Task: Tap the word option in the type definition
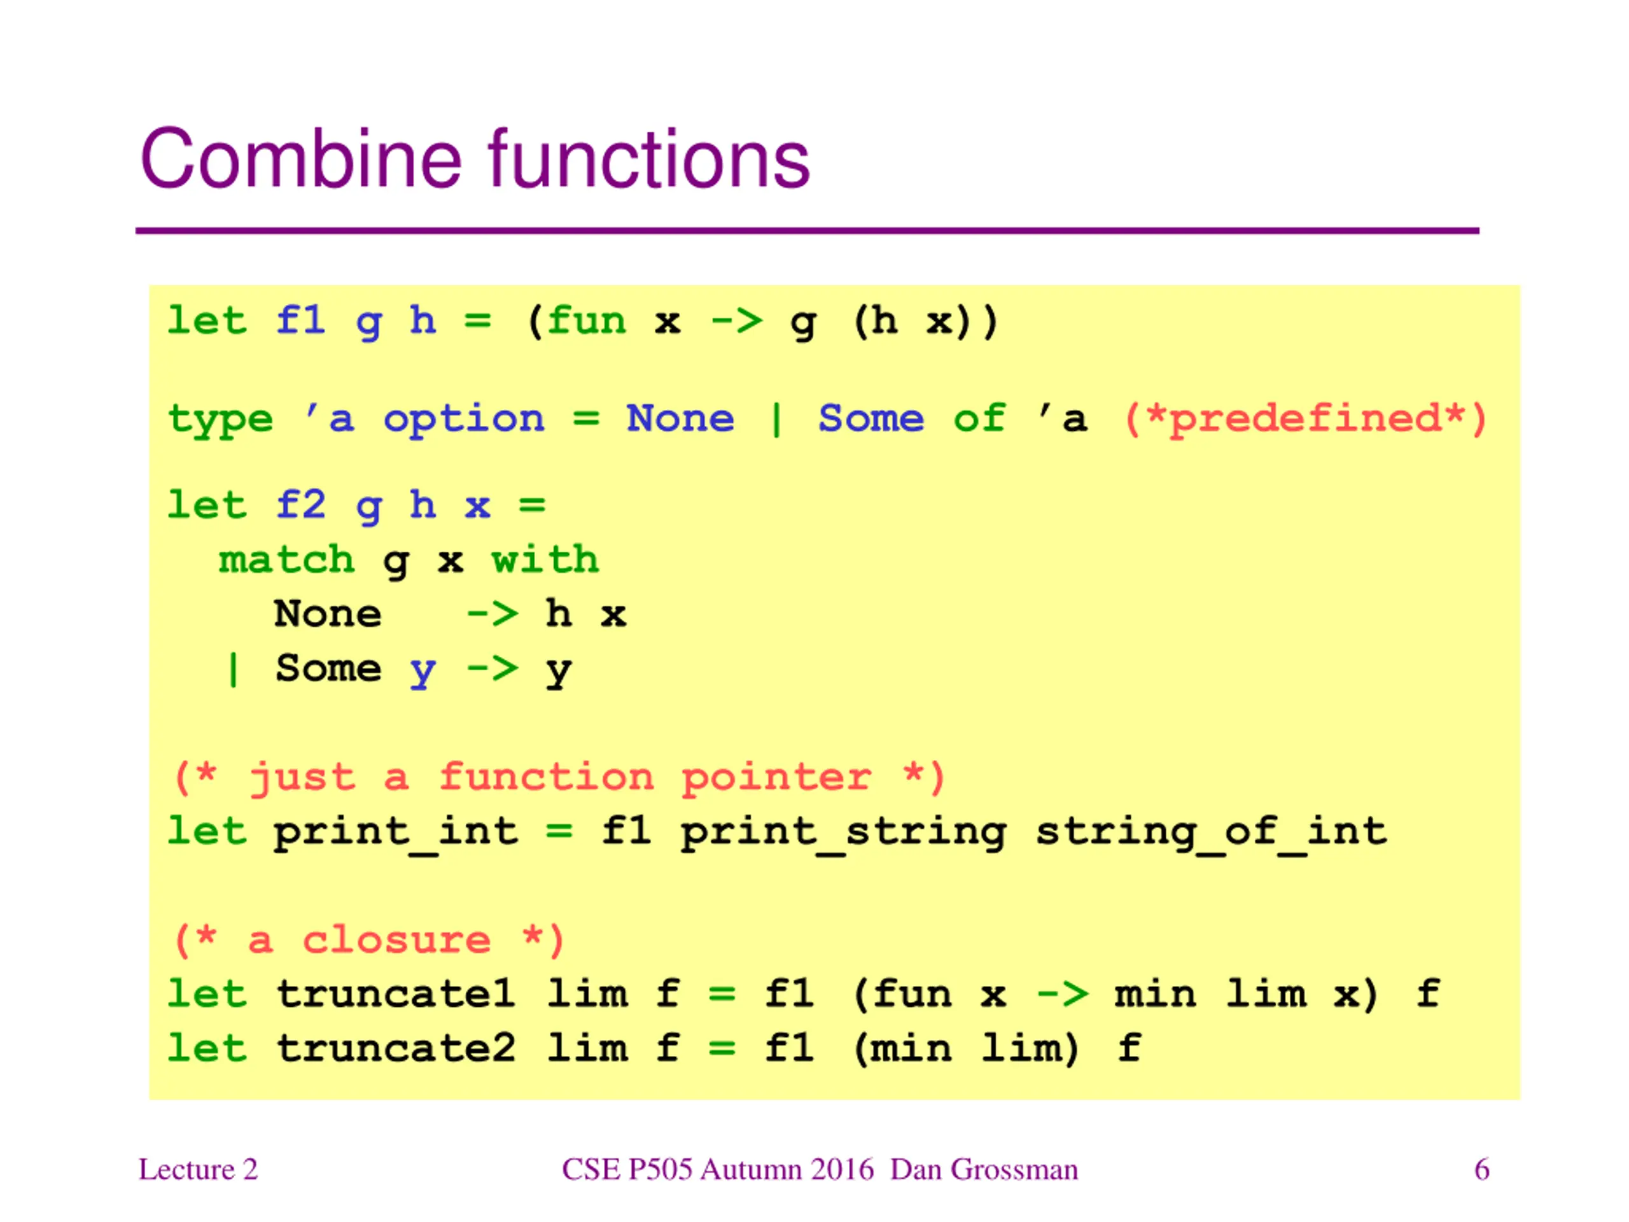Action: coord(464,420)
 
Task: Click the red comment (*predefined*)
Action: coord(1305,420)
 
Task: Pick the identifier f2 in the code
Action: coord(300,505)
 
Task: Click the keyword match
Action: coord(286,560)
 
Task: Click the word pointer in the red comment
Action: coord(777,779)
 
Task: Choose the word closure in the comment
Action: coord(396,941)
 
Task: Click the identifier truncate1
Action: coord(396,994)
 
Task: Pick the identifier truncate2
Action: coord(396,1049)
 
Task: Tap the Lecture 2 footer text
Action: coord(198,1170)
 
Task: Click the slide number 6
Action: coord(1482,1170)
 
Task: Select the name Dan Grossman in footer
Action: coord(984,1170)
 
